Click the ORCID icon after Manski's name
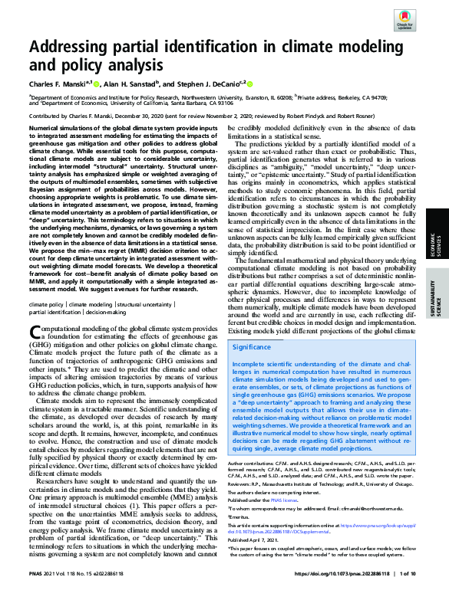click(97, 80)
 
